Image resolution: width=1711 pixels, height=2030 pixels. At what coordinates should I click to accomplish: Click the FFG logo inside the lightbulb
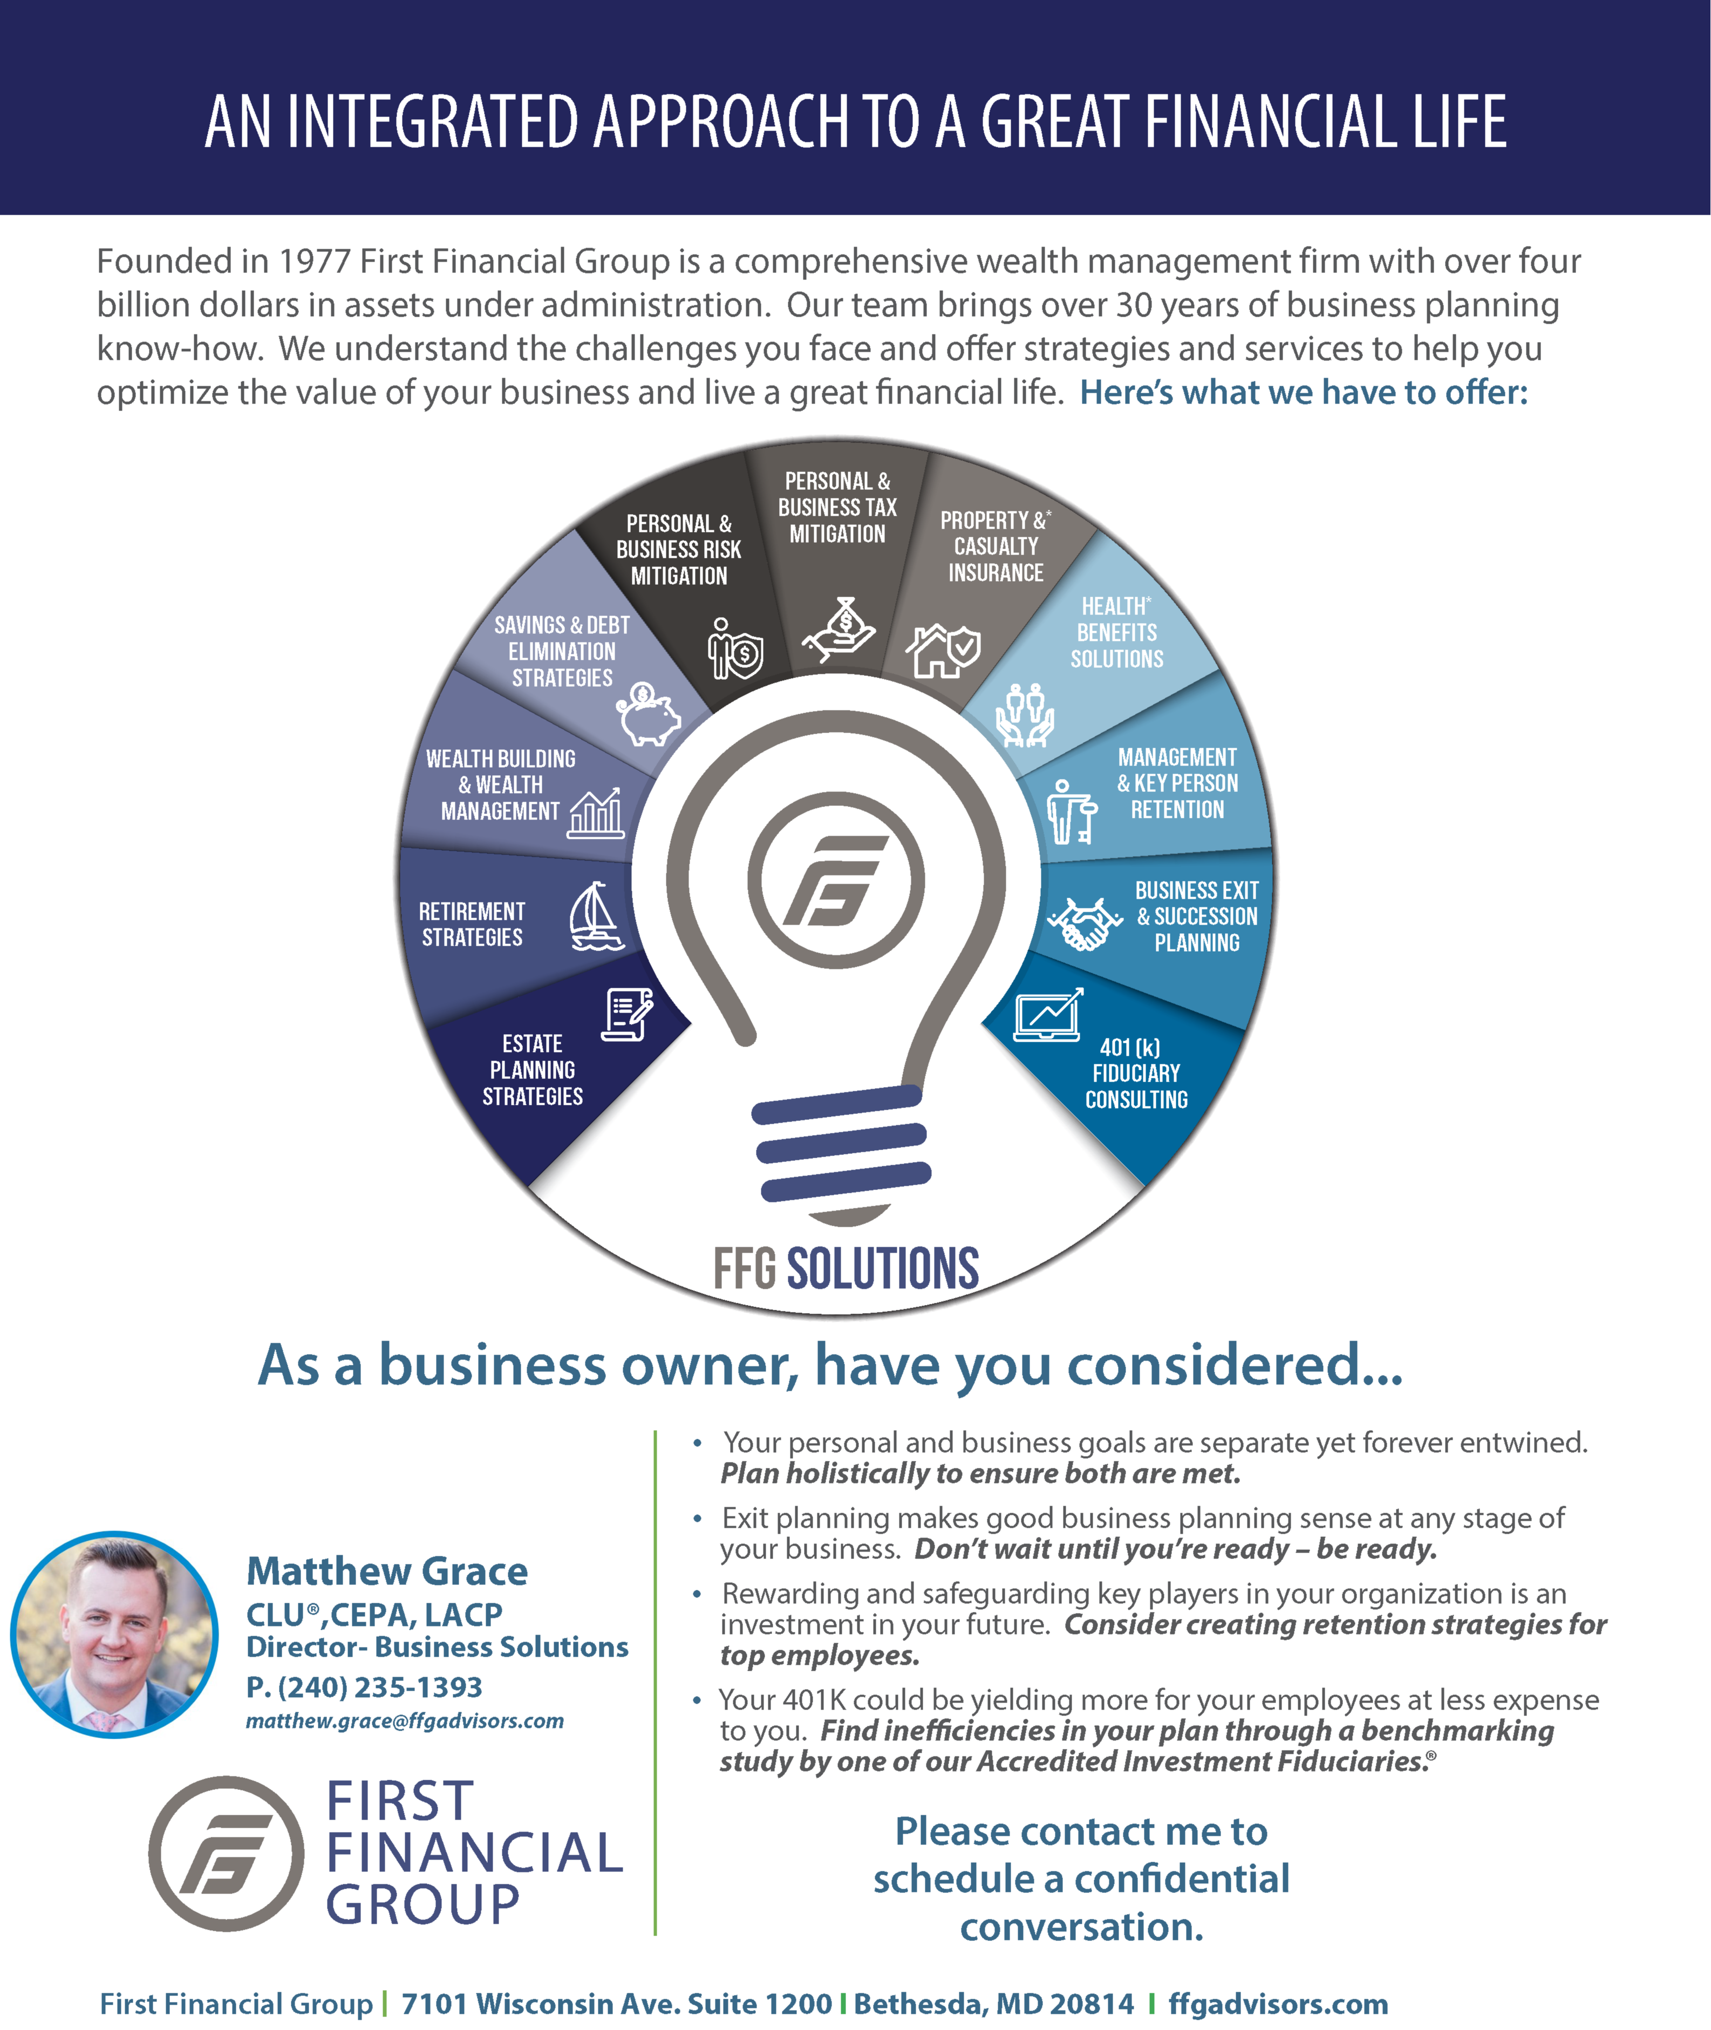tap(835, 880)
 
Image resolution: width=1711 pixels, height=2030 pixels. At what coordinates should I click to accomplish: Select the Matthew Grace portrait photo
tap(114, 1634)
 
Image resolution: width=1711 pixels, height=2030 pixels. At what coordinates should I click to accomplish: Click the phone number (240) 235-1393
tap(364, 1687)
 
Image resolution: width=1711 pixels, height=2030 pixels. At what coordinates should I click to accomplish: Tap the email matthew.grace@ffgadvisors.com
tap(405, 1720)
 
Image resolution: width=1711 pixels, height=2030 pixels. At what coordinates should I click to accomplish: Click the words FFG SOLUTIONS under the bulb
tap(846, 1268)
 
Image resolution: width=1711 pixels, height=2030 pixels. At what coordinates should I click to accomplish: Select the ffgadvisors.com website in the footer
tap(1277, 2003)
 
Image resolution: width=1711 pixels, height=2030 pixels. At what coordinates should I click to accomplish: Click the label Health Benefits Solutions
tap(1116, 632)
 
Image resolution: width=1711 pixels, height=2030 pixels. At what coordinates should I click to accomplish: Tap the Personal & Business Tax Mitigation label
tap(837, 507)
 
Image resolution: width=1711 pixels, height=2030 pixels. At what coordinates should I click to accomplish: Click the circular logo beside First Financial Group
tap(226, 1854)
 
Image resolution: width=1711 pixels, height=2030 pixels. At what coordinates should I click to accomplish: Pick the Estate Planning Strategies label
tap(533, 1070)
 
